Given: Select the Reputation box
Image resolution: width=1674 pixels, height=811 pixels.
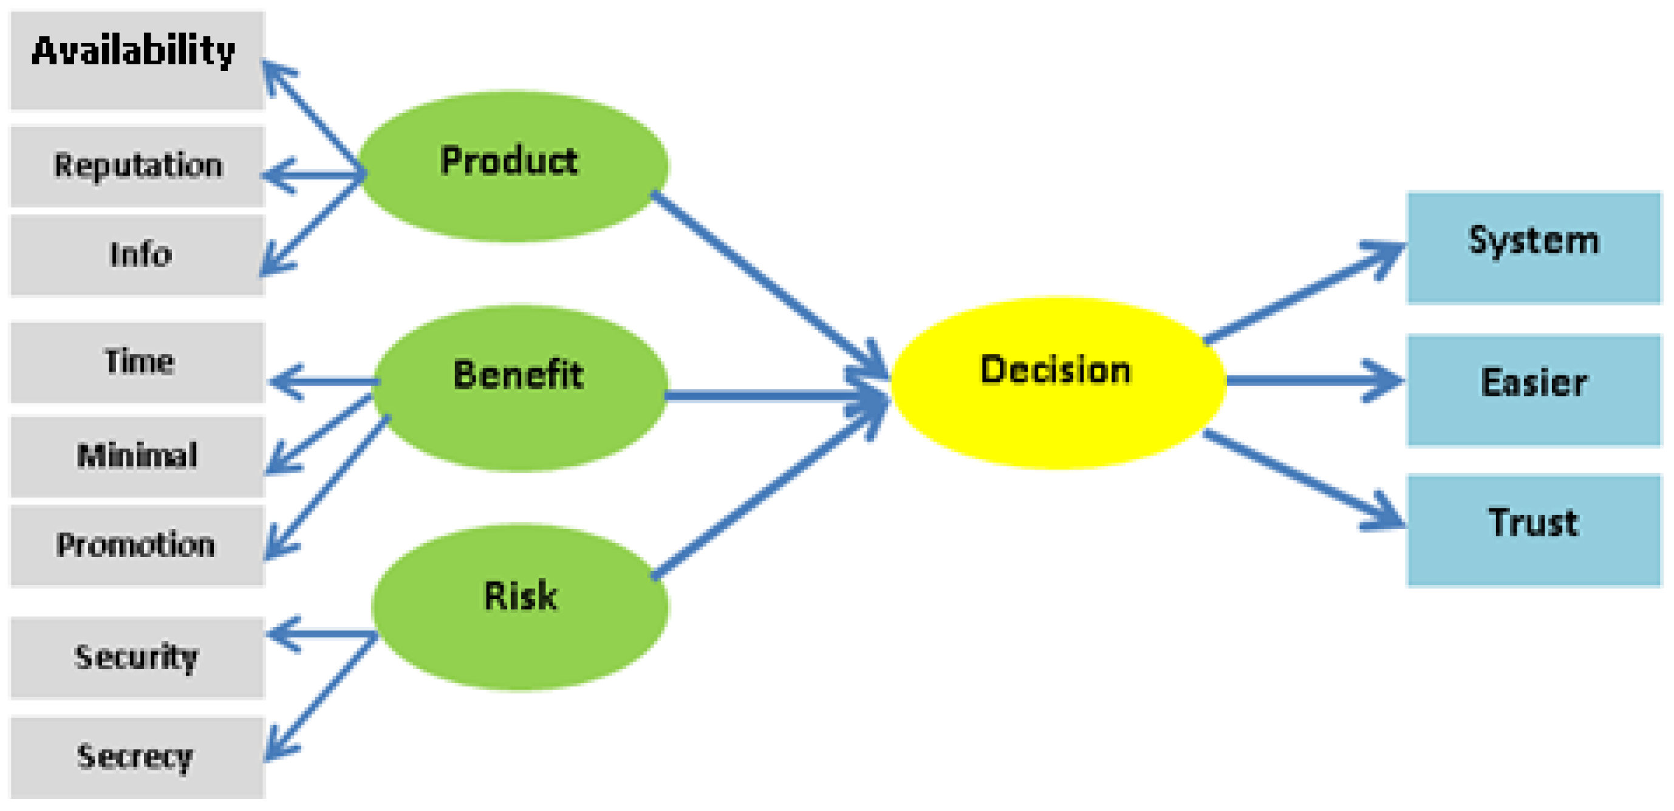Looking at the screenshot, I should point(137,166).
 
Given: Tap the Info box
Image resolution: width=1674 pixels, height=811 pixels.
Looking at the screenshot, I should point(137,255).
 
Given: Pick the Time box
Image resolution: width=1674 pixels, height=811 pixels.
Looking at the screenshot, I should point(137,362).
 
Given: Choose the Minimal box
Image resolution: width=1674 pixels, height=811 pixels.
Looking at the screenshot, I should point(137,456).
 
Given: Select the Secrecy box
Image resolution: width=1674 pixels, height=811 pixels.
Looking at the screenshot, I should point(137,757).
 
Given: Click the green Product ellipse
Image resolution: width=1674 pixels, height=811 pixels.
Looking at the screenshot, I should point(513,166).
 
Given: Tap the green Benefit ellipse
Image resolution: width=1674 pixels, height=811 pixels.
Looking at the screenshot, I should point(520,388).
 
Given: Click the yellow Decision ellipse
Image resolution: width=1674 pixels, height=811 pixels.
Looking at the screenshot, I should point(1058,383).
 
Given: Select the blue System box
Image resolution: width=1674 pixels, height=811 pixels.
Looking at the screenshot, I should point(1533,248).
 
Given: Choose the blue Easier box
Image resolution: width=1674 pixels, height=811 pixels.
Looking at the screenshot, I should point(1533,390).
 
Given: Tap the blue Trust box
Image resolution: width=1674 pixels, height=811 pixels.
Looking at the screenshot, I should point(1533,530).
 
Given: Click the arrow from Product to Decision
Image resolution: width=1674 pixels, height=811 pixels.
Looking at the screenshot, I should point(767,279).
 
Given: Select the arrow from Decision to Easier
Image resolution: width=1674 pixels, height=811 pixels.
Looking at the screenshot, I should point(1306,381).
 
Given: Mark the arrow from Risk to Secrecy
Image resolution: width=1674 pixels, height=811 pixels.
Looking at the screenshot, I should point(322,696).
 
